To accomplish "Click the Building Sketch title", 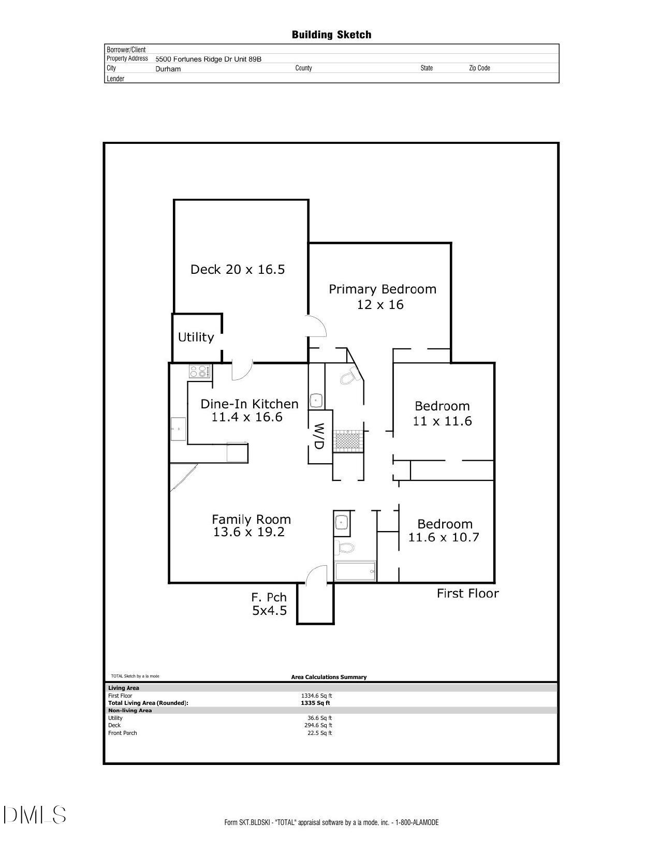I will pos(331,35).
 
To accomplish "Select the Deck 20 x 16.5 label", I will pos(238,269).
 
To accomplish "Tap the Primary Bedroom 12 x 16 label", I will pos(382,297).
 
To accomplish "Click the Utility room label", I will pos(196,337).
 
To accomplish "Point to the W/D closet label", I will pos(319,436).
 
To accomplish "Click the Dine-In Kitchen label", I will pos(249,410).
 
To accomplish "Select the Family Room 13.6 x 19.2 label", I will pos(251,525).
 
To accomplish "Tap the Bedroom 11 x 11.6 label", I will pos(442,414).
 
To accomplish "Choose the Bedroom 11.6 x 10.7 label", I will pos(444,531).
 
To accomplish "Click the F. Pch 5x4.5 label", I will pos(269,604).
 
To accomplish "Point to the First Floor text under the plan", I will pos(467,594).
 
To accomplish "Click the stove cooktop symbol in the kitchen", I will pos(200,372).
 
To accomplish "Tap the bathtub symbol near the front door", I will pos(355,571).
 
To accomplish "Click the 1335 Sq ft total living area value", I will pos(315,703).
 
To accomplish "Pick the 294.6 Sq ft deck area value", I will pos(318,725).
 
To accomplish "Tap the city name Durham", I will pos(168,69).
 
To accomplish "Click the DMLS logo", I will pos(34,815).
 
